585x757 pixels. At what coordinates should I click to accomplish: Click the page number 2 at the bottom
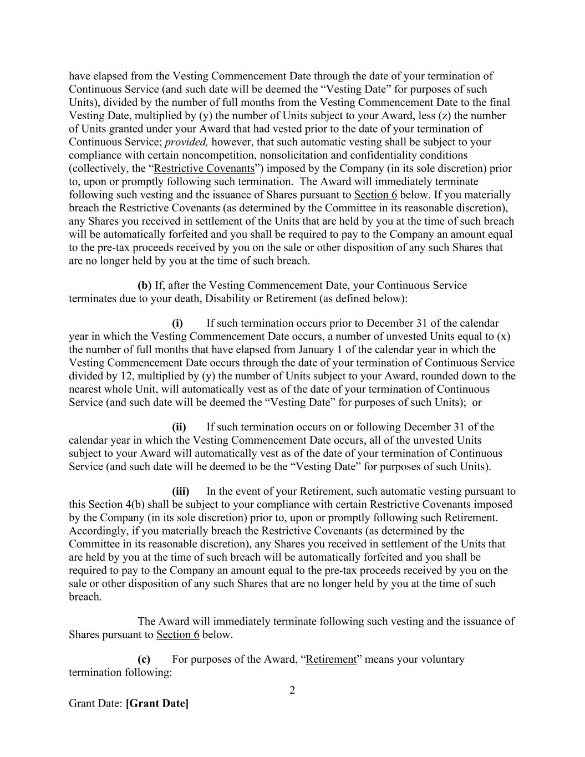(292, 690)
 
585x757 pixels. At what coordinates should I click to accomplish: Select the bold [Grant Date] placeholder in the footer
(157, 704)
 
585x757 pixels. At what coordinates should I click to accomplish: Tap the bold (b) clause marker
(144, 286)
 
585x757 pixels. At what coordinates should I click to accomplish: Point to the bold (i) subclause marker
(177, 323)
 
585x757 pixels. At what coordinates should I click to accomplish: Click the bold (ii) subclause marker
(179, 427)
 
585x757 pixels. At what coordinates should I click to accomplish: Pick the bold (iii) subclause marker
(180, 491)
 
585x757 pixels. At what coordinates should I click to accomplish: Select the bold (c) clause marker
(144, 659)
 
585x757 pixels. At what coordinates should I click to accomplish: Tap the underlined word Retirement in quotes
(331, 659)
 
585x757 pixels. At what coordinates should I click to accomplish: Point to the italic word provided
(187, 142)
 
